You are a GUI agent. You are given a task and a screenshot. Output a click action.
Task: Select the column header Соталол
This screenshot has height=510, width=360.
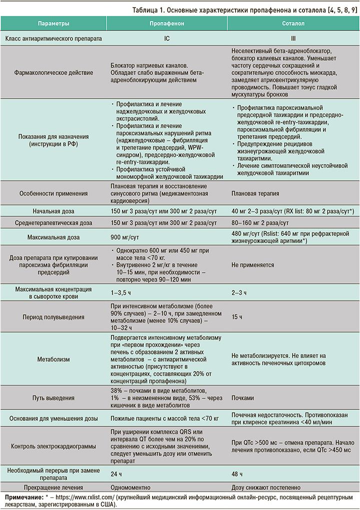coord(293,24)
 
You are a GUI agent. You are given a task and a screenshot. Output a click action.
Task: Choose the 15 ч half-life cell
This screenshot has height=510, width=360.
coord(238,317)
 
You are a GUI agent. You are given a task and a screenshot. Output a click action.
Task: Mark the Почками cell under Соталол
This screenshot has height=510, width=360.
coord(243,398)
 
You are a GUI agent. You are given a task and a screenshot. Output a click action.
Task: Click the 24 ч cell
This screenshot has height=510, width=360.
coord(116,474)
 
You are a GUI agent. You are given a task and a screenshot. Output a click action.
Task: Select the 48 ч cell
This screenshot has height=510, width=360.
coord(238,474)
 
